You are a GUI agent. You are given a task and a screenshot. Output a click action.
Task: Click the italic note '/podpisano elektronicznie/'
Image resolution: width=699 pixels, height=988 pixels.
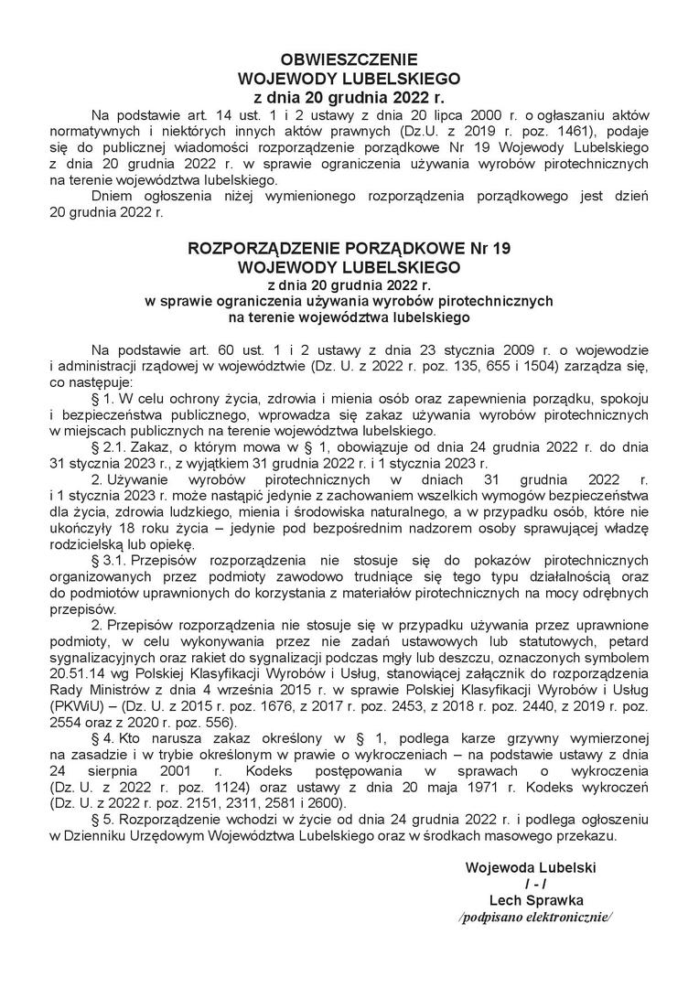coord(535,917)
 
